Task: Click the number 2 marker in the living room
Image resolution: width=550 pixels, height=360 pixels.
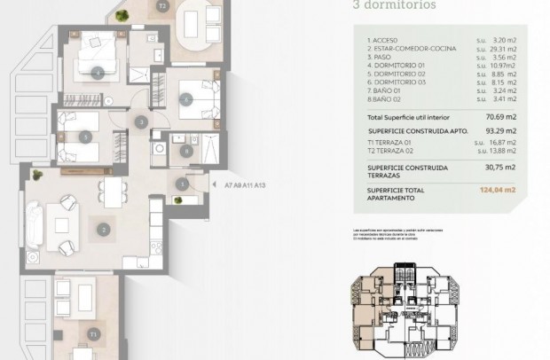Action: click(x=104, y=230)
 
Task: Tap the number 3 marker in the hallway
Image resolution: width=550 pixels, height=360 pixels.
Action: click(x=140, y=121)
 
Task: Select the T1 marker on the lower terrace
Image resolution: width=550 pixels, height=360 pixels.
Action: click(x=92, y=333)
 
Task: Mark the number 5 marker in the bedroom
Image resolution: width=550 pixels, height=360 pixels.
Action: click(x=84, y=137)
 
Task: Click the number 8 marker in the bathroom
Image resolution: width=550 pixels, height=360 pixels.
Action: click(x=185, y=151)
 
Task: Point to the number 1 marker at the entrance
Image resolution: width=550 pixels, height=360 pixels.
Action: click(x=181, y=184)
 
